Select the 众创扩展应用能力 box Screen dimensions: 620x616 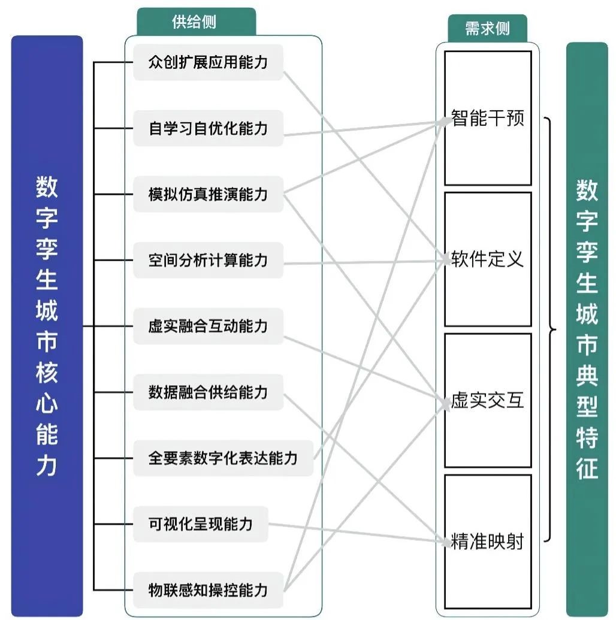pos(208,62)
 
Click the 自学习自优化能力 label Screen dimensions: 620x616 pos(208,128)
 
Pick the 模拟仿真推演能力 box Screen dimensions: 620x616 pos(208,194)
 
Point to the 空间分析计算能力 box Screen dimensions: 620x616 pos(208,260)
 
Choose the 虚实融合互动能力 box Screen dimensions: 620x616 pos(208,326)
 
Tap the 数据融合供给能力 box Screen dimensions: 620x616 pos(208,392)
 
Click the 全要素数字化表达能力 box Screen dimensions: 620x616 pos(223,458)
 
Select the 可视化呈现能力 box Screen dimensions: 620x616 pos(200,524)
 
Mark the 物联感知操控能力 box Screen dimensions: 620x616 pos(208,590)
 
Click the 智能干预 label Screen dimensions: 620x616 pos(488,118)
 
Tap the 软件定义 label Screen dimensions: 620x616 pos(488,259)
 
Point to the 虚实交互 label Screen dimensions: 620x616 pos(488,401)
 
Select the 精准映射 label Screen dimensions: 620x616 pos(488,542)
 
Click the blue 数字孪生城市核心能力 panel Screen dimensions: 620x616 pos(47,326)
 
